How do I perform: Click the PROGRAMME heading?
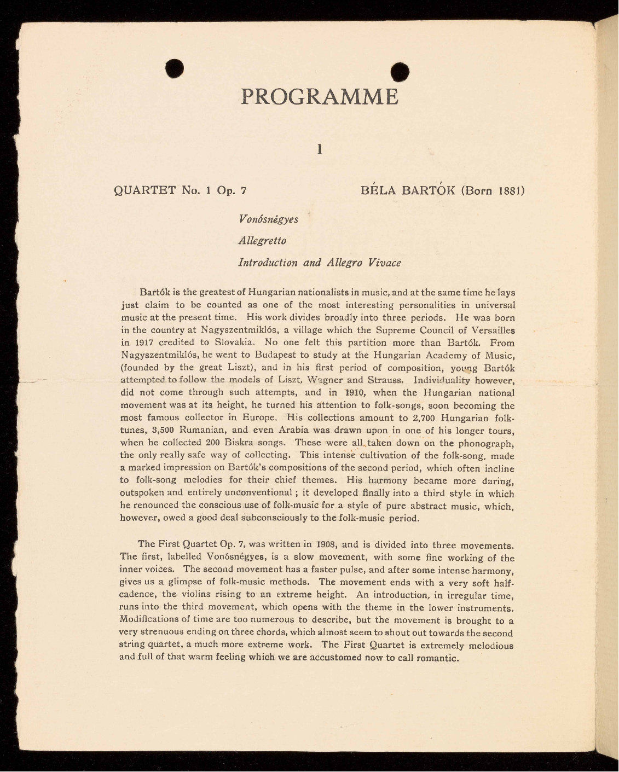(x=320, y=97)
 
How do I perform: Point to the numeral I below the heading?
(x=319, y=148)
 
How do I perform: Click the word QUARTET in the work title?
(x=144, y=191)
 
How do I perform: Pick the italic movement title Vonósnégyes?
(x=269, y=219)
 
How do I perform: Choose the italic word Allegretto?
(x=262, y=241)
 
